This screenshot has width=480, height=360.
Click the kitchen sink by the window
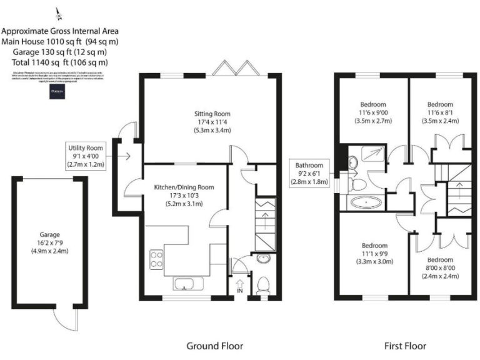click(x=185, y=285)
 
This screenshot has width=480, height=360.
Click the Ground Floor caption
click(x=214, y=345)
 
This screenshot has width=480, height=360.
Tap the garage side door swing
click(x=64, y=321)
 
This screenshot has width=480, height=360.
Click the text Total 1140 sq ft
click(x=60, y=62)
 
